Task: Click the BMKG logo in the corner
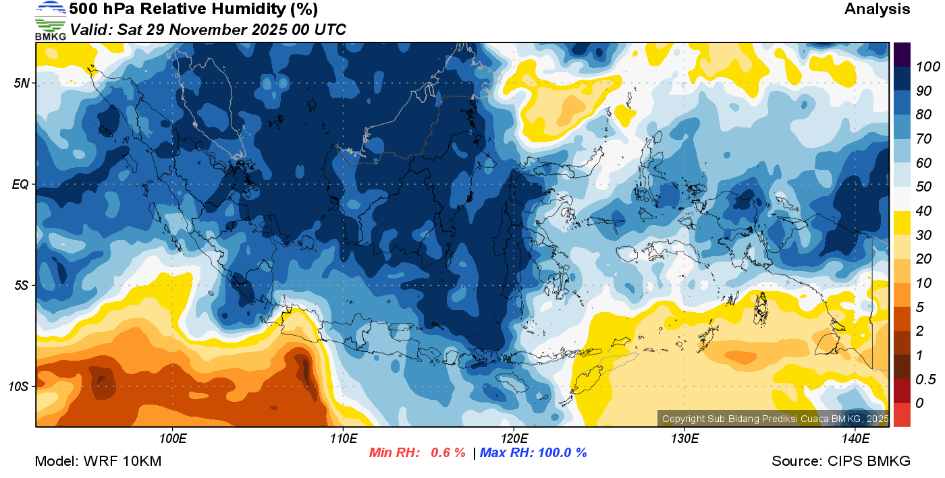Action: [x=50, y=20]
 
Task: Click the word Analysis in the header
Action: [x=877, y=9]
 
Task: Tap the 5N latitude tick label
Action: [x=20, y=84]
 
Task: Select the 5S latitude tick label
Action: [x=20, y=285]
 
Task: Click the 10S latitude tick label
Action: [x=18, y=386]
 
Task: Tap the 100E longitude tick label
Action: [x=173, y=439]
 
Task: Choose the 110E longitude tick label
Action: [x=343, y=439]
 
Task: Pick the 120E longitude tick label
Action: [x=514, y=439]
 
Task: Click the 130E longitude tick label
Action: [x=684, y=439]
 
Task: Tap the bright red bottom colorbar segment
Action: [x=902, y=414]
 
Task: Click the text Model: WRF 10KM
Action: [x=98, y=462]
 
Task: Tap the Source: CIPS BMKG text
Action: [x=841, y=462]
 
